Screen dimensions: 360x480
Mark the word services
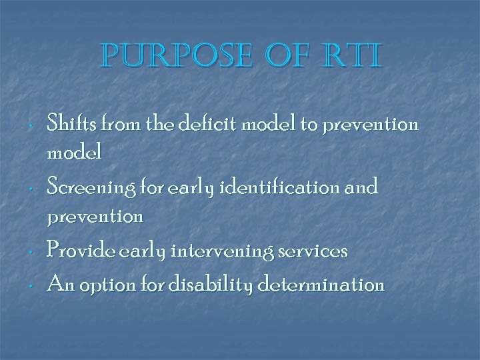click(315, 251)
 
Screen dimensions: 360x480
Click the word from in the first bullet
click(114, 123)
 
